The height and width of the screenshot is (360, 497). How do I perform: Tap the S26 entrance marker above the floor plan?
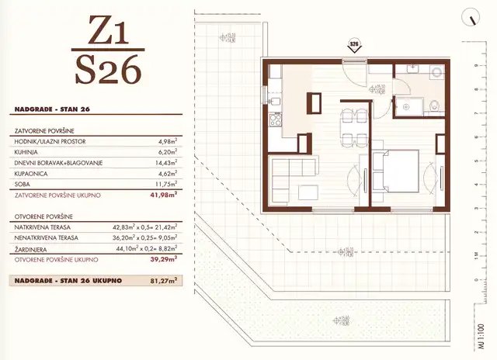click(353, 45)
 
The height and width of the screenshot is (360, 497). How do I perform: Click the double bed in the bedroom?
click(400, 171)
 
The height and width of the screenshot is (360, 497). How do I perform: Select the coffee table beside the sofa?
click(309, 192)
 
